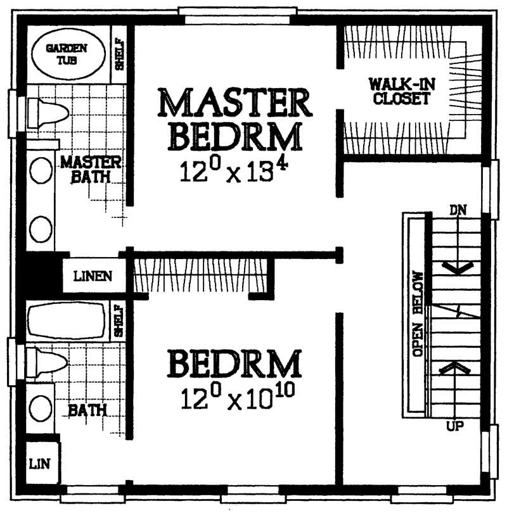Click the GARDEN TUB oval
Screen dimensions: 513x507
[67, 54]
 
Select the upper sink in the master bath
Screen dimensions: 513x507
[41, 170]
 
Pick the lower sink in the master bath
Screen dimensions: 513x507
[41, 229]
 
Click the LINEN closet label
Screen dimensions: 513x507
[93, 277]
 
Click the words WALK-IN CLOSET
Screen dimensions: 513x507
[401, 91]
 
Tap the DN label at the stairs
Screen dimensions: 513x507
[458, 210]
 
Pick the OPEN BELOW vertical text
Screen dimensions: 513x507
[417, 315]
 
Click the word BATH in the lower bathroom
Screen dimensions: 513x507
[87, 410]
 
